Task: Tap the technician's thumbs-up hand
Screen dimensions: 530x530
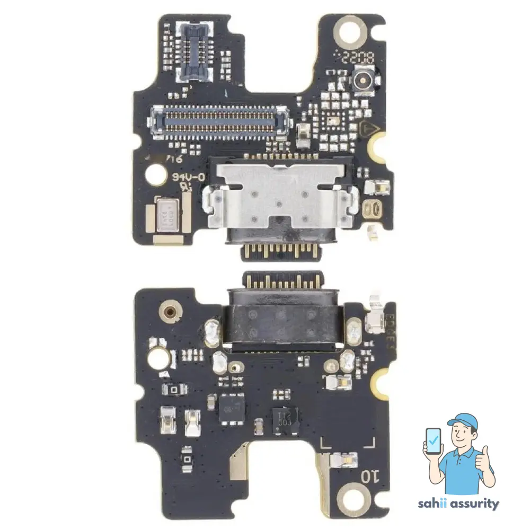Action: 483,460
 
